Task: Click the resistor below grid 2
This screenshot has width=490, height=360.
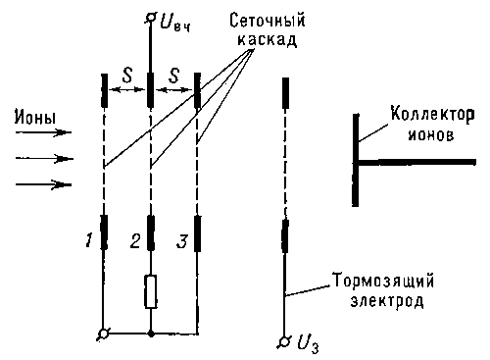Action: point(151,291)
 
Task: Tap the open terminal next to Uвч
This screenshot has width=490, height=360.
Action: point(151,18)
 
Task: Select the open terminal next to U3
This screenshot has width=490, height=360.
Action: point(285,341)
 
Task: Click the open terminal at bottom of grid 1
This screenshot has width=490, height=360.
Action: point(104,334)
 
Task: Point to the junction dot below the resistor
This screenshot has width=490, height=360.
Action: point(151,334)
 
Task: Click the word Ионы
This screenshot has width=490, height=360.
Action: point(35,118)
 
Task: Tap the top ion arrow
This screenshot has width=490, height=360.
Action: point(44,132)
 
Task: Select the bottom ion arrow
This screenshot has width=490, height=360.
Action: point(44,184)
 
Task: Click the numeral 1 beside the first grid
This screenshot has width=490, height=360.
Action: point(88,240)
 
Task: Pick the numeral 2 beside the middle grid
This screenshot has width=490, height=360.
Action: point(135,240)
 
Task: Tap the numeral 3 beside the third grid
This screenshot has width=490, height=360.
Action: point(182,241)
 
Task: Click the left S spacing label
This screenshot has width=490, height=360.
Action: point(127,75)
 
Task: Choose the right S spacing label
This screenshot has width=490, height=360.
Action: point(173,75)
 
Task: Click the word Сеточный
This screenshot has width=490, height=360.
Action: point(268,21)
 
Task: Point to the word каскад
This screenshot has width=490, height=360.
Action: point(268,40)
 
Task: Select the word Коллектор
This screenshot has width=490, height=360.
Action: point(433,115)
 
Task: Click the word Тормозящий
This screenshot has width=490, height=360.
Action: point(383,281)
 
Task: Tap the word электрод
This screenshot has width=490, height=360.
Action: point(387,300)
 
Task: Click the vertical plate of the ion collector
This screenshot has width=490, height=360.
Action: point(356,160)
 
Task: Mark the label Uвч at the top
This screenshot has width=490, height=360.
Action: point(175,23)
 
